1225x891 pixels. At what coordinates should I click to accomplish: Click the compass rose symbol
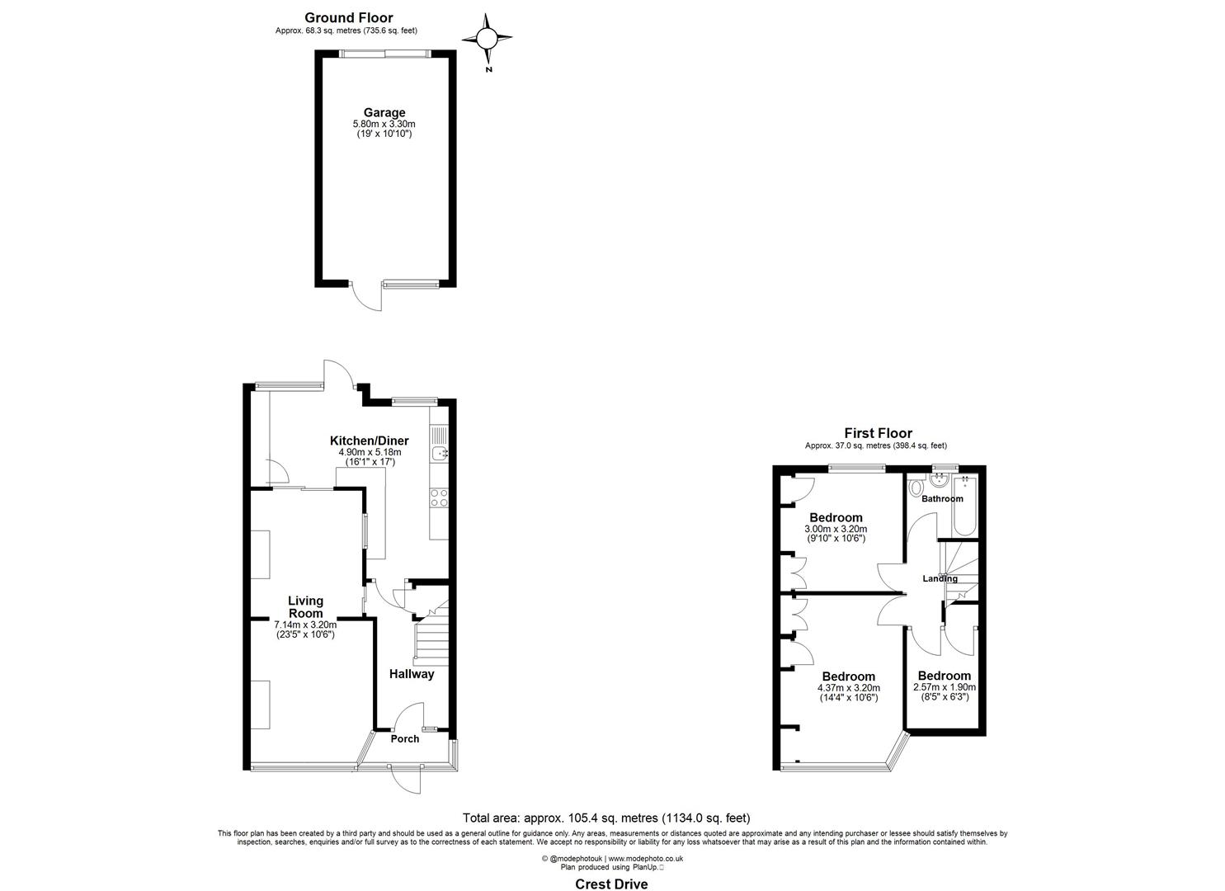(487, 39)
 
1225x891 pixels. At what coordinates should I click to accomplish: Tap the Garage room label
(384, 113)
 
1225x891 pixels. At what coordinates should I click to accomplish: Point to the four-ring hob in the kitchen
(439, 497)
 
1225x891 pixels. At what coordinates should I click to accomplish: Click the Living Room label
(305, 606)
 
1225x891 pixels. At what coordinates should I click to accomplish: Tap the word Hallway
(412, 674)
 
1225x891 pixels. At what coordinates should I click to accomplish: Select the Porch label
(404, 739)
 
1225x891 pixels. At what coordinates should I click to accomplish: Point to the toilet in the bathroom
(915, 488)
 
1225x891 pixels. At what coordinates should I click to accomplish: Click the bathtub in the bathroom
(964, 505)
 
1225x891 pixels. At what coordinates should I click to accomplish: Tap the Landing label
(940, 578)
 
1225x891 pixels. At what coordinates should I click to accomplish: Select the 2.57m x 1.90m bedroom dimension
(945, 686)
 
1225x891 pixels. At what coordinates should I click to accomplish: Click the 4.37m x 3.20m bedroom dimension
(848, 687)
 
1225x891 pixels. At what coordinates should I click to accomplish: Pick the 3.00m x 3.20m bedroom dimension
(836, 529)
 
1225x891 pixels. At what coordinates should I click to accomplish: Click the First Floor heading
(878, 433)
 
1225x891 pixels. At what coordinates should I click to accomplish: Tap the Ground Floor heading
(349, 17)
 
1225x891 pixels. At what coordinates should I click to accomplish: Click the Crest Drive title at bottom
(611, 884)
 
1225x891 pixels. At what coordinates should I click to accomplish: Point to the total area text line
(606, 818)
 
